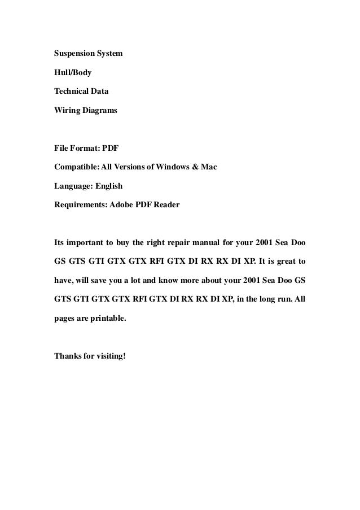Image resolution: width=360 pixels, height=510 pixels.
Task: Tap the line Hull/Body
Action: click(x=73, y=73)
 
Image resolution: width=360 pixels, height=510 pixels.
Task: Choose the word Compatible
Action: click(x=76, y=168)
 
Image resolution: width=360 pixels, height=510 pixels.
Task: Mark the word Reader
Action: click(x=166, y=204)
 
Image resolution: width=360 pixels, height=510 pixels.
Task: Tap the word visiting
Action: click(x=108, y=356)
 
